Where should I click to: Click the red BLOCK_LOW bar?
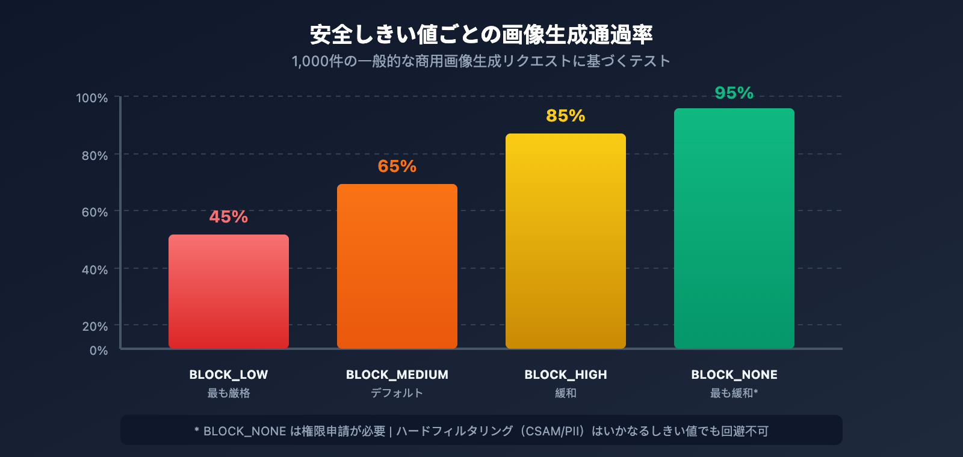pos(229,292)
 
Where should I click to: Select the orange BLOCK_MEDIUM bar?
pos(397,266)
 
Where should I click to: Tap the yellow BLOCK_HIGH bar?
pos(566,241)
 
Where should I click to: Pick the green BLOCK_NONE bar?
pos(734,228)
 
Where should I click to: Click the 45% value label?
pos(229,216)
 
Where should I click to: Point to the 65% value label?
pos(397,166)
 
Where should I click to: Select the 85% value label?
pos(566,115)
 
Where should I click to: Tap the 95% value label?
pos(734,93)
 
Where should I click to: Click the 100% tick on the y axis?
pos(92,98)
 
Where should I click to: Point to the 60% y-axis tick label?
pos(95,212)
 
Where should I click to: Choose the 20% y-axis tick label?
pos(95,327)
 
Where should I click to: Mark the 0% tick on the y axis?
pos(99,351)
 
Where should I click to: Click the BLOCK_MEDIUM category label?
pos(397,375)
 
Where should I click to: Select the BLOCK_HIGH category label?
pos(566,375)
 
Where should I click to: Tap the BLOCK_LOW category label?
pos(229,375)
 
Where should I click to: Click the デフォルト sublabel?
pos(397,393)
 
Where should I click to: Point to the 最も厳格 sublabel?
pos(229,393)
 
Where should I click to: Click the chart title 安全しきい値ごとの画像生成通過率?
pos(482,35)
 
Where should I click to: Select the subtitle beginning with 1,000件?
pos(482,61)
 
